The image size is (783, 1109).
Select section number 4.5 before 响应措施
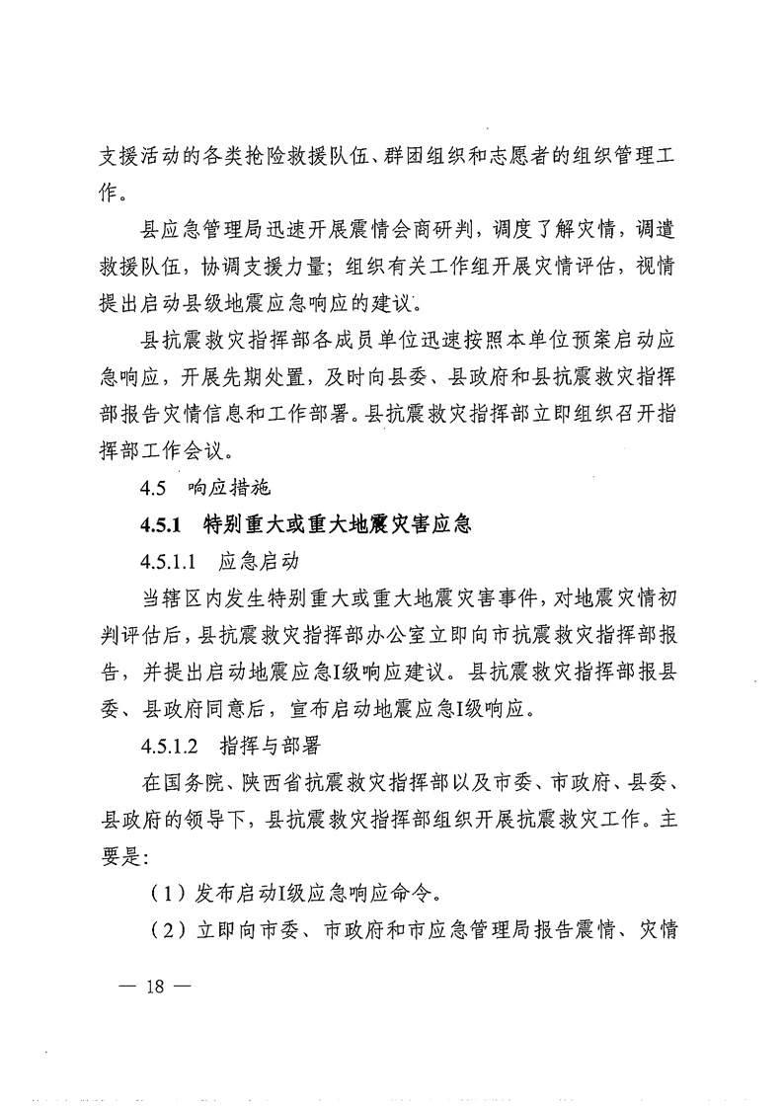[156, 488]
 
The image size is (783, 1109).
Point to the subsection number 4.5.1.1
[173, 562]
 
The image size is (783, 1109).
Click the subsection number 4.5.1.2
[173, 748]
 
